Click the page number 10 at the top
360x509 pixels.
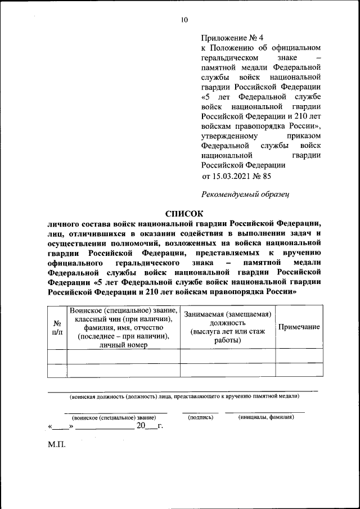coord(184,20)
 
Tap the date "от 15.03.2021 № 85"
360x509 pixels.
coord(236,176)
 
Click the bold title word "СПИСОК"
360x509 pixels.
coord(184,213)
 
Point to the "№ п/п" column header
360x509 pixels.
coord(57,327)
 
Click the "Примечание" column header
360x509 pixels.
coord(299,327)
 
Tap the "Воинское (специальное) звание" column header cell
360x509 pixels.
coord(123,310)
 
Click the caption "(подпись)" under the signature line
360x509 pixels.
coord(200,417)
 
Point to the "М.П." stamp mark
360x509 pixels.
coord(56,444)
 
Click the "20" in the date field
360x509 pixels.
coord(141,426)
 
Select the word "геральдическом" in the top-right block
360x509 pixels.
coord(229,57)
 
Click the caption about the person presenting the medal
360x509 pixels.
coord(184,395)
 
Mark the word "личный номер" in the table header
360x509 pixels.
coord(123,345)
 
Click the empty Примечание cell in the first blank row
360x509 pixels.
coord(299,357)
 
